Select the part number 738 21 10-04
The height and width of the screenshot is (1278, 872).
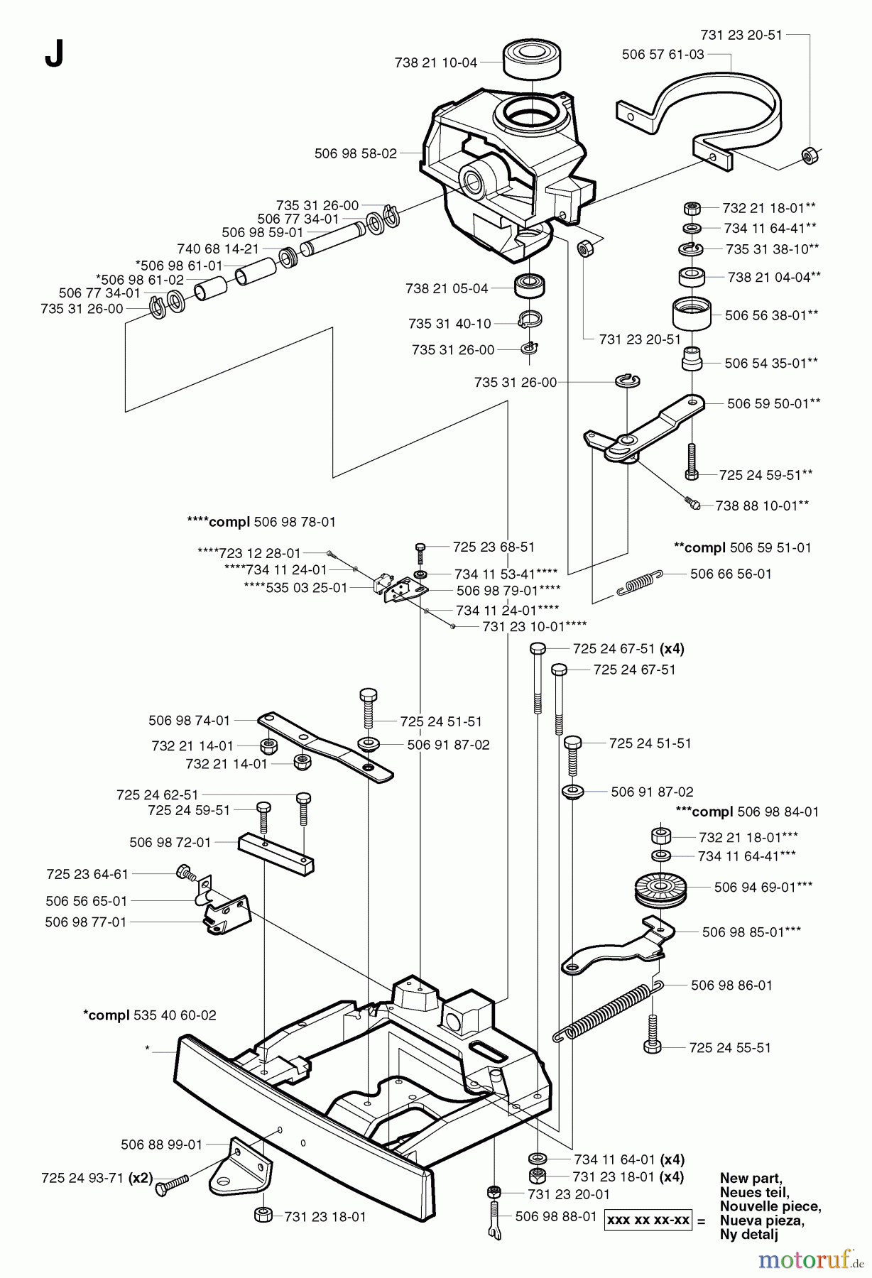tap(435, 62)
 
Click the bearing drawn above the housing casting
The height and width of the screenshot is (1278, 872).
tap(533, 58)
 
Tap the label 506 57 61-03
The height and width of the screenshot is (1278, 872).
tap(663, 54)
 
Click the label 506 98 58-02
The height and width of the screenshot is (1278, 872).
tap(355, 153)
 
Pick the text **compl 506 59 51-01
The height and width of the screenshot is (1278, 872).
tap(742, 547)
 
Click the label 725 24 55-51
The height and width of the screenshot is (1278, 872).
tap(729, 1047)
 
